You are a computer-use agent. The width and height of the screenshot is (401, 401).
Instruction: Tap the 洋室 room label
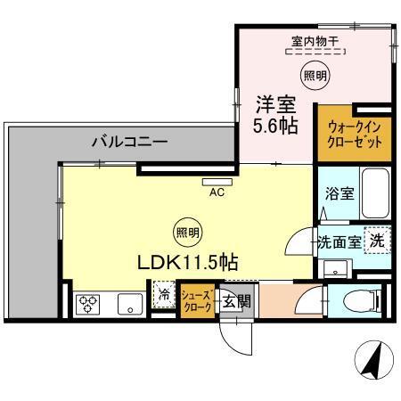pyautogui.click(x=276, y=101)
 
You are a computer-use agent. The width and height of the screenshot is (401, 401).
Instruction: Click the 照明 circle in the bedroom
pyautogui.click(x=311, y=75)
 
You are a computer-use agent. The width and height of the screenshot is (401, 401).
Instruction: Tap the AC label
pyautogui.click(x=217, y=191)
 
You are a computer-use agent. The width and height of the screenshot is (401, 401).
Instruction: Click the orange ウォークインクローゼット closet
pyautogui.click(x=355, y=135)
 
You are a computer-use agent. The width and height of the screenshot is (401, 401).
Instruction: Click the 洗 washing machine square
pyautogui.click(x=377, y=240)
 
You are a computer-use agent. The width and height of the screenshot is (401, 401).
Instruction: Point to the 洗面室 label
pyautogui.click(x=340, y=241)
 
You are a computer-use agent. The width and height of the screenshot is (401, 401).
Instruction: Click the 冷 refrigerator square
pyautogui.click(x=164, y=292)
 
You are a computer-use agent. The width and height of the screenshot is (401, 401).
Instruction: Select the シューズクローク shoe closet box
pyautogui.click(x=196, y=299)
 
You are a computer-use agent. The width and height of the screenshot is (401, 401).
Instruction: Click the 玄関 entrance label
pyautogui.click(x=235, y=300)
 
